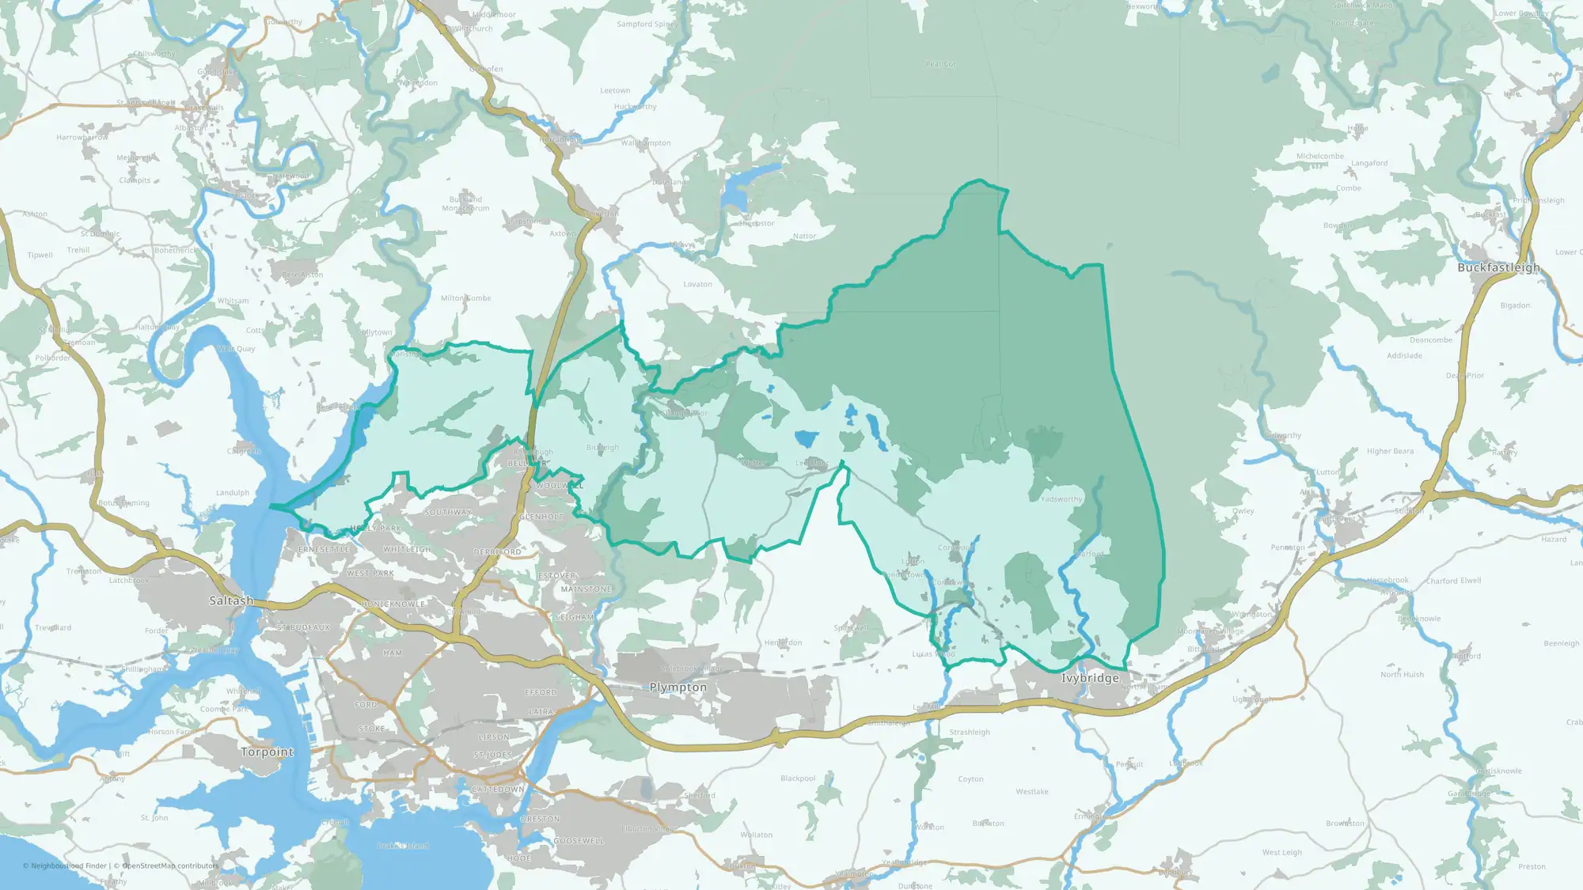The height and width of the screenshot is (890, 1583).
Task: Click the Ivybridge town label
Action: pos(1090,678)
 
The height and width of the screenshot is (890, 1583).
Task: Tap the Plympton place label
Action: pos(678,687)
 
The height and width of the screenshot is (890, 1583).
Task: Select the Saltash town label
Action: pos(231,600)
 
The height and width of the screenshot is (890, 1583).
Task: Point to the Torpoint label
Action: pos(267,752)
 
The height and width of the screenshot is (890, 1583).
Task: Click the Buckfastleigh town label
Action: pos(1498,267)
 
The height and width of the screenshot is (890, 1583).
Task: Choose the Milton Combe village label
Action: pos(465,298)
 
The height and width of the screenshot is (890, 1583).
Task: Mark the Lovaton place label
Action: pos(697,284)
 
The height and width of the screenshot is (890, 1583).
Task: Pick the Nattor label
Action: pos(804,236)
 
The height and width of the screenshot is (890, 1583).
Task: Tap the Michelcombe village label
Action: pos(1319,156)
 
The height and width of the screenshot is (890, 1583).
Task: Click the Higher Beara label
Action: pos(1390,451)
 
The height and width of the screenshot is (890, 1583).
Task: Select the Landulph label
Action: pos(233,493)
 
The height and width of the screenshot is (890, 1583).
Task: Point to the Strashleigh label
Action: pos(970,732)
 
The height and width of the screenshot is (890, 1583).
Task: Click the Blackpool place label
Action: pos(798,778)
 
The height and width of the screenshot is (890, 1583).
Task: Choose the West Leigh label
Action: pos(1281,852)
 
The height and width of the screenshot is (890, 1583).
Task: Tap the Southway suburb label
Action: pos(448,512)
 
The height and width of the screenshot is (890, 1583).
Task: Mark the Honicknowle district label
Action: pos(393,604)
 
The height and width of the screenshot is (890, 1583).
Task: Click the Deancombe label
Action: pos(1431,340)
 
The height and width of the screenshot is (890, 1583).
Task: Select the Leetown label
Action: pos(615,90)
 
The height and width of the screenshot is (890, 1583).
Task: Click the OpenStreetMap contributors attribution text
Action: pos(170,866)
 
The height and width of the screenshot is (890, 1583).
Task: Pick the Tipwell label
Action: pos(40,256)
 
